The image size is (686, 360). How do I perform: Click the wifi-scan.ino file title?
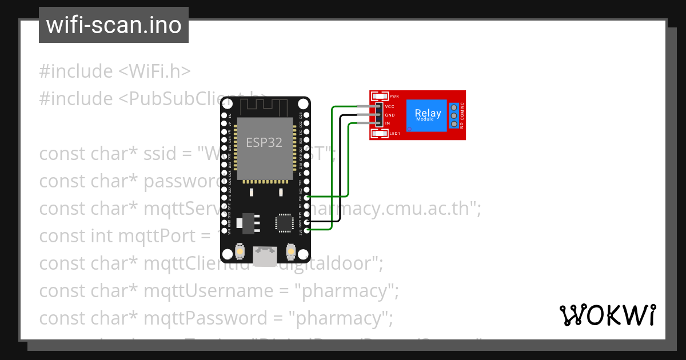coord(113,25)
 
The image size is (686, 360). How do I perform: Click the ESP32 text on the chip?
coord(264,142)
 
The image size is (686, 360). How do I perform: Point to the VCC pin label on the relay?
coord(390,107)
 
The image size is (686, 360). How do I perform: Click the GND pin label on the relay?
coord(390,115)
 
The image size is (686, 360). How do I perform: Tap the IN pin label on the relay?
coord(388,123)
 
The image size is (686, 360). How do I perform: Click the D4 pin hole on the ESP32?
coord(307,197)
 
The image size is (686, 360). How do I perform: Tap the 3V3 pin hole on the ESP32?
coord(307,230)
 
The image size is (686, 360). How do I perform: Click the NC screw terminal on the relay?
coord(454,107)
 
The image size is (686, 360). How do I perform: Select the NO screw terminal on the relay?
coord(454,124)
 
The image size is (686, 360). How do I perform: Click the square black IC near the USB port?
coord(284,222)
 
